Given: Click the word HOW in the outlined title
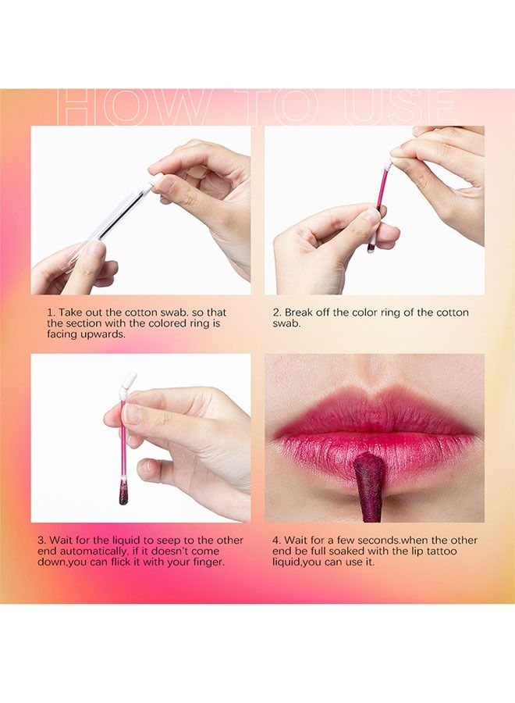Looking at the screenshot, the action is [129, 108].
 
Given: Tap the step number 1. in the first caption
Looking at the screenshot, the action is [52, 312].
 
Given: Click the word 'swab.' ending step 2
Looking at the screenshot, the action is [286, 323].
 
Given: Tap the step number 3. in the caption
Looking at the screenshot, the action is [42, 541].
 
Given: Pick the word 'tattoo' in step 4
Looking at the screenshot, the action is [440, 551].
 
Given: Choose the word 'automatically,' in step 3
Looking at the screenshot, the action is [93, 551].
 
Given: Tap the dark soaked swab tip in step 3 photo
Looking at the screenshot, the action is [123, 493].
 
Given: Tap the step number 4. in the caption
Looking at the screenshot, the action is [277, 541].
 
